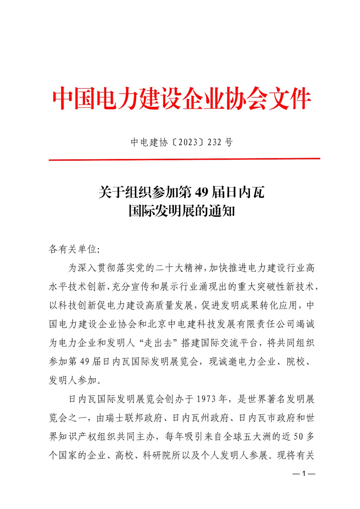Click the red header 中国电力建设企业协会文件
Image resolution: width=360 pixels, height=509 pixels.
pyautogui.click(x=181, y=99)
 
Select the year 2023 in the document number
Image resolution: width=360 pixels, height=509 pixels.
pyautogui.click(x=188, y=142)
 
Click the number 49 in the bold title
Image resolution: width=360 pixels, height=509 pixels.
pyautogui.click(x=201, y=192)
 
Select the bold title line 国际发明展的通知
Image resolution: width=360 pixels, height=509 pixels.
pyautogui.click(x=182, y=211)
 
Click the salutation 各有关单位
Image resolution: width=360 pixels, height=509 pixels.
pyautogui.click(x=73, y=249)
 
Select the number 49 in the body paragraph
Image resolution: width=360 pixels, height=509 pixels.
pyautogui.click(x=85, y=361)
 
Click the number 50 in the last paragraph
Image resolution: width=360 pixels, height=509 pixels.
pyautogui.click(x=298, y=436)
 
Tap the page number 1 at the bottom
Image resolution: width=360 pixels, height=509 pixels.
pyautogui.click(x=304, y=474)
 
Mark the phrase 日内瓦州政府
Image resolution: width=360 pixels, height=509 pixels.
pyautogui.click(x=201, y=418)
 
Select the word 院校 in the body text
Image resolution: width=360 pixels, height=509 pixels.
pyautogui.click(x=296, y=361)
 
